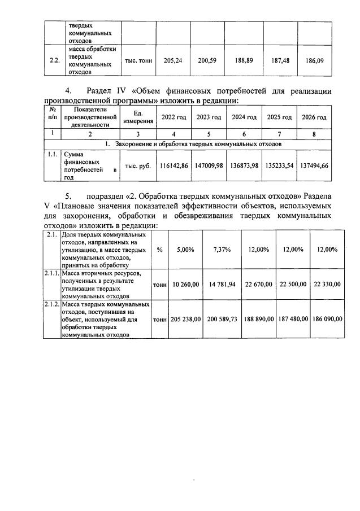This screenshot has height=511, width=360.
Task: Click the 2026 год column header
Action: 314,117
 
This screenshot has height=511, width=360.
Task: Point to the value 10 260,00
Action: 185,284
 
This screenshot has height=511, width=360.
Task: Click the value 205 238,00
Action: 185,319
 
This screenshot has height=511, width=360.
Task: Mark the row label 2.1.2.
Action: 52,304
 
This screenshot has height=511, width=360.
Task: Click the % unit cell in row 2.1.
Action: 159,250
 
